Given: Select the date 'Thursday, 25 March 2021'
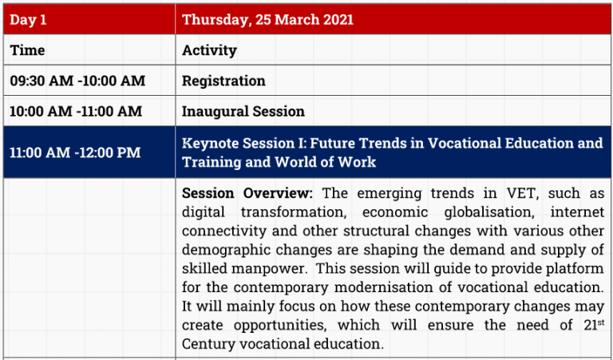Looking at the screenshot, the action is point(268,19).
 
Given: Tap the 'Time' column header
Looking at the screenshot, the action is point(27,50).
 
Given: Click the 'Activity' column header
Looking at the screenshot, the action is point(210,50).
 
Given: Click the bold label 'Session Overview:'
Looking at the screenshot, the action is point(247,193).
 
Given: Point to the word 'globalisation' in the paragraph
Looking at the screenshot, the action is point(489,212).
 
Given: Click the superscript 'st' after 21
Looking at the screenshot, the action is point(601,322).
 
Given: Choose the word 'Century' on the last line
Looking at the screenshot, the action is point(208,344).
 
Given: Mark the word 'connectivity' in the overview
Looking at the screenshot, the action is point(224,231).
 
